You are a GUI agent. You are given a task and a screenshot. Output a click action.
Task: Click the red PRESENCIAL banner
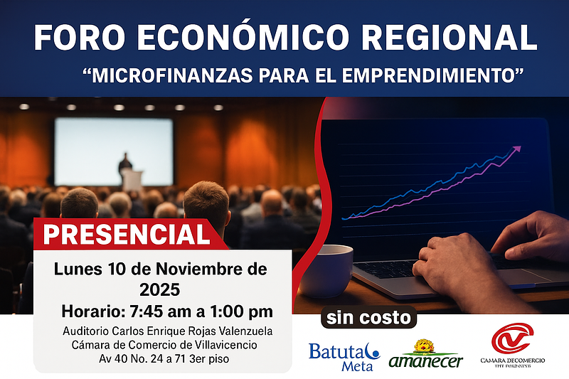(129, 234)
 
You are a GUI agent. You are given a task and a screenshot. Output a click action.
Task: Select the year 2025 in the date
(161, 290)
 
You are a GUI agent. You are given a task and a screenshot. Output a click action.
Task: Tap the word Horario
(92, 311)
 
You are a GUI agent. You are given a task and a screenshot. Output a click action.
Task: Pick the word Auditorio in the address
(87, 331)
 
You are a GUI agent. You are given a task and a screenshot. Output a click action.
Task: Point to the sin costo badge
(369, 317)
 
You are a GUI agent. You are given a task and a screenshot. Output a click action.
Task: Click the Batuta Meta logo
(345, 356)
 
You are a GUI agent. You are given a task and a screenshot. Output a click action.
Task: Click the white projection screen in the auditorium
(114, 142)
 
